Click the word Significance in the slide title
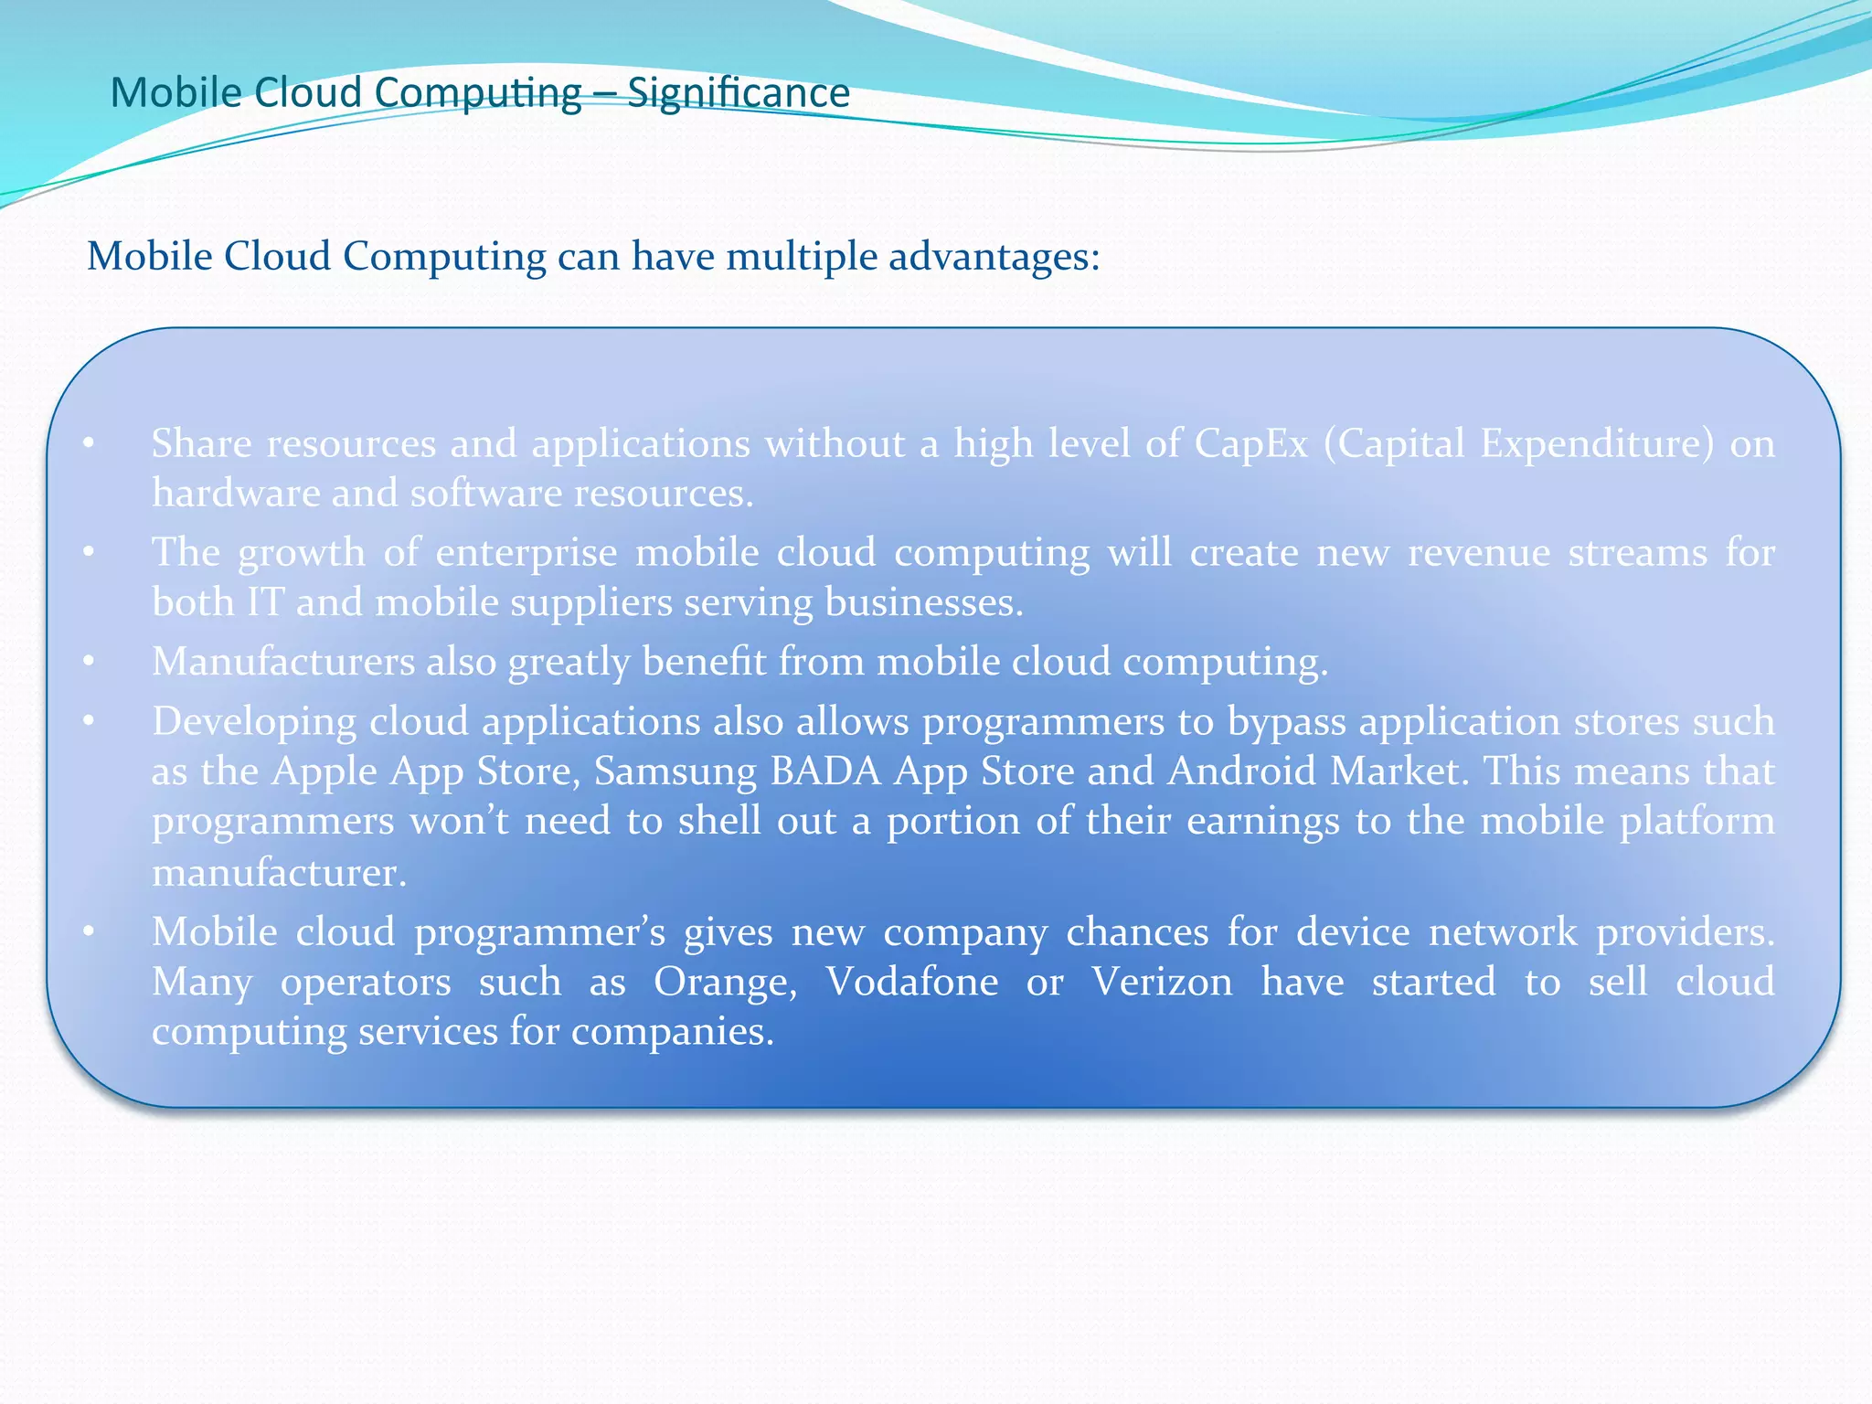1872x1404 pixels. [739, 93]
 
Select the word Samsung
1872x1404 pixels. [675, 771]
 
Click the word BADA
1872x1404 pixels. [824, 771]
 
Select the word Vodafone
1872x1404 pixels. [911, 982]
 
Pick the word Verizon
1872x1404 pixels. [1162, 982]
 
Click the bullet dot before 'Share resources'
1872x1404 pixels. [89, 444]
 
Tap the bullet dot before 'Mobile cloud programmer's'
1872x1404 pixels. [89, 932]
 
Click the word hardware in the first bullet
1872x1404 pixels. [235, 494]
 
